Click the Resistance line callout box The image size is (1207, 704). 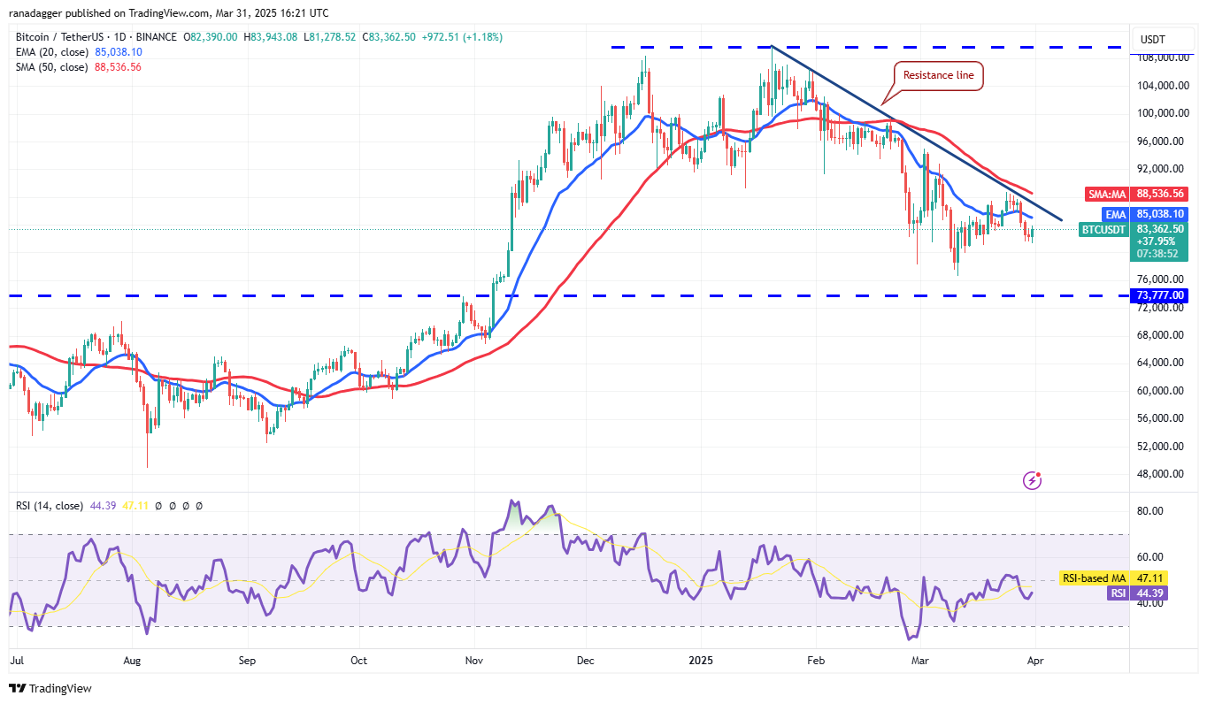[938, 75]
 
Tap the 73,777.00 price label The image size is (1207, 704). [1159, 295]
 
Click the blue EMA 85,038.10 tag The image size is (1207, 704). [1148, 213]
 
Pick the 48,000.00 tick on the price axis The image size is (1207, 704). [1159, 473]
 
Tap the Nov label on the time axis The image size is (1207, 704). [474, 660]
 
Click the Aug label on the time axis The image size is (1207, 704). [132, 660]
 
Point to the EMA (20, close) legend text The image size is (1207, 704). [51, 51]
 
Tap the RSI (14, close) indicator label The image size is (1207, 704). [50, 506]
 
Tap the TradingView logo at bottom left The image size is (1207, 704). [50, 688]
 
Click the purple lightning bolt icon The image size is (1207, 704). [1032, 480]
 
